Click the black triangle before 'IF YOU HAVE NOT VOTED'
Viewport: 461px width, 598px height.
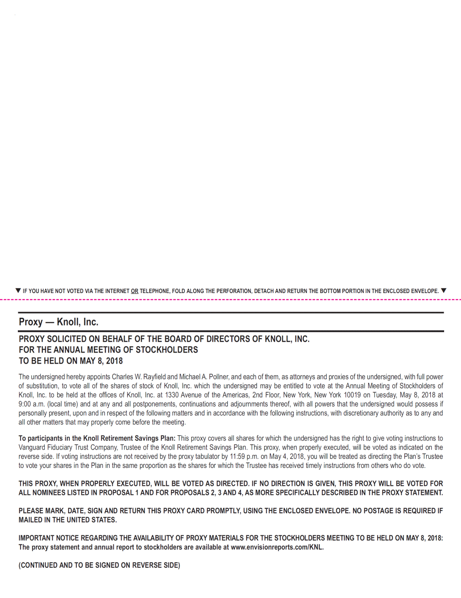18,290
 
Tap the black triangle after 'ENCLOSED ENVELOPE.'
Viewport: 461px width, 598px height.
443,290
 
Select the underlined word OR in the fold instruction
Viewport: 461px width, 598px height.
134,291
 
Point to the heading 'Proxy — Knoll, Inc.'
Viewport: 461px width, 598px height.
59,322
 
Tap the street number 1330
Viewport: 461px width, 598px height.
172,395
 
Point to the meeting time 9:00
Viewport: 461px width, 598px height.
24,404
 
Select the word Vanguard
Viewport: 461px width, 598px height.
32,447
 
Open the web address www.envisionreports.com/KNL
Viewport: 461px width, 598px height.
277,547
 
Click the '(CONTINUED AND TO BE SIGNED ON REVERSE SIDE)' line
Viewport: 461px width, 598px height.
99,565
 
